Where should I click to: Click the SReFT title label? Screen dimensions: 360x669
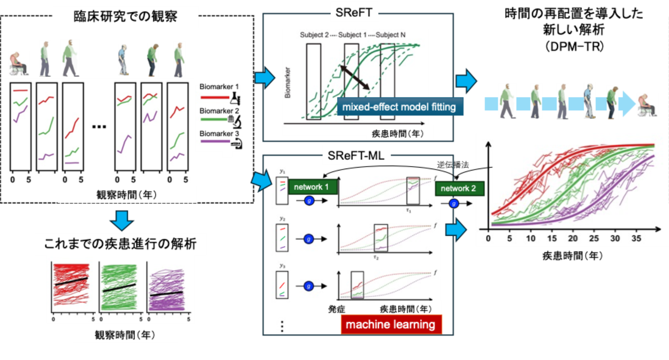(x=354, y=12)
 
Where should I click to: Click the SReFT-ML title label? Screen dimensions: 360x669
(x=356, y=156)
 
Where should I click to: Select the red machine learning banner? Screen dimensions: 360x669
(x=391, y=324)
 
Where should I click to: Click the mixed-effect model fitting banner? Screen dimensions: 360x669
(x=399, y=107)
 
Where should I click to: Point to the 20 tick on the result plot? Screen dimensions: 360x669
(x=573, y=238)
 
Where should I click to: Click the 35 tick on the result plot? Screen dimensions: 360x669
(x=636, y=238)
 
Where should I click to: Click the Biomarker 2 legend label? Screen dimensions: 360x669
(x=219, y=111)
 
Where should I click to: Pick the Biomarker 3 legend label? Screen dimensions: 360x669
(x=219, y=134)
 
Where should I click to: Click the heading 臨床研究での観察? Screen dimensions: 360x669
(x=125, y=16)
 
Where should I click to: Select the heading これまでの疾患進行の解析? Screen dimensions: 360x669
(x=120, y=244)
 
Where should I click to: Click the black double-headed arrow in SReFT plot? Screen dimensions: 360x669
(x=355, y=78)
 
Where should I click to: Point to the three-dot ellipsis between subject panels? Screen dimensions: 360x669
(x=99, y=127)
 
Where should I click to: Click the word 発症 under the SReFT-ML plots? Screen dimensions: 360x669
(x=337, y=309)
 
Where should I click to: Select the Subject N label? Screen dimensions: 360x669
(x=390, y=35)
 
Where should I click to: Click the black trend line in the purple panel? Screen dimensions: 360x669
(x=166, y=294)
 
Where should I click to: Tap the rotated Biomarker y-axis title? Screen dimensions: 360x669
(x=288, y=83)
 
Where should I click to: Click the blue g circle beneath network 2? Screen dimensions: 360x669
(x=453, y=204)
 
